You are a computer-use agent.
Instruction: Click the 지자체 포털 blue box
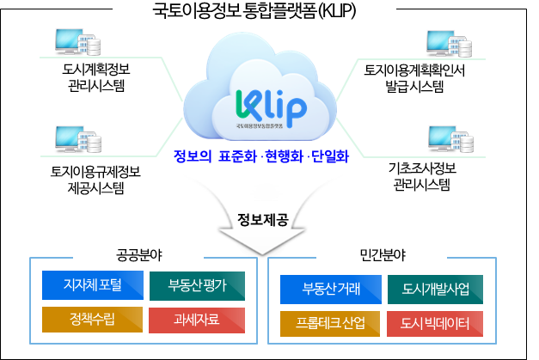93,285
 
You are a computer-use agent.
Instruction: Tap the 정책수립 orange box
93,320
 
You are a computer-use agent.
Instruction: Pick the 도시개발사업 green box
436,287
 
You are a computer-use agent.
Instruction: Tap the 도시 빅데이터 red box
436,323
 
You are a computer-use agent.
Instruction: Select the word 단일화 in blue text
330,158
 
